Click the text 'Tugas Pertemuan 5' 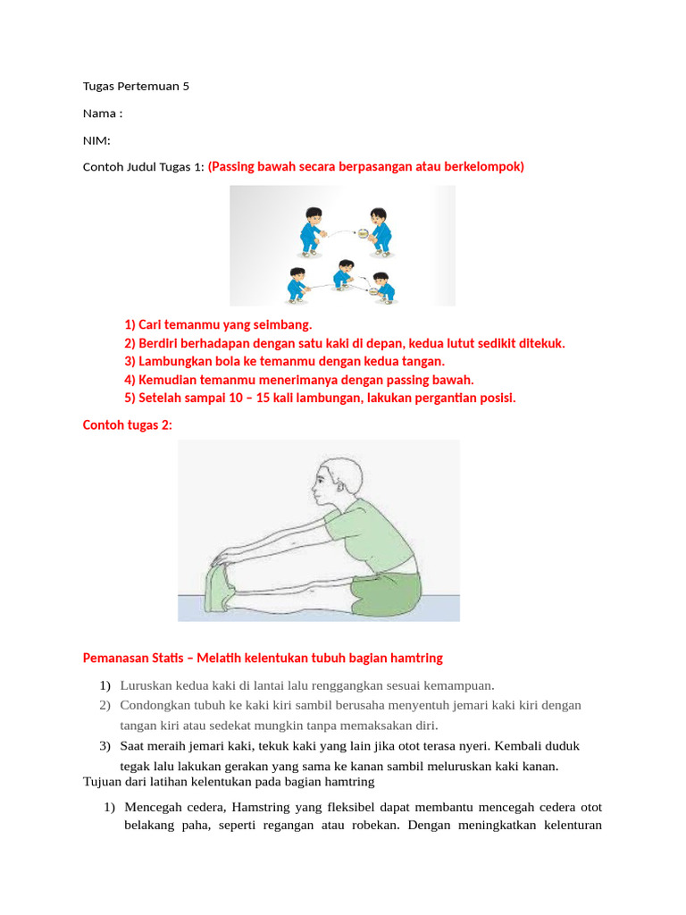point(136,87)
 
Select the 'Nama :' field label point(102,113)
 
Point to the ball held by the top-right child point(364,235)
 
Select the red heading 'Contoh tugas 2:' point(127,425)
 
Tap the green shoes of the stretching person point(220,589)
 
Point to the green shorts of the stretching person point(385,592)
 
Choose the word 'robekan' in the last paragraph point(370,826)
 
